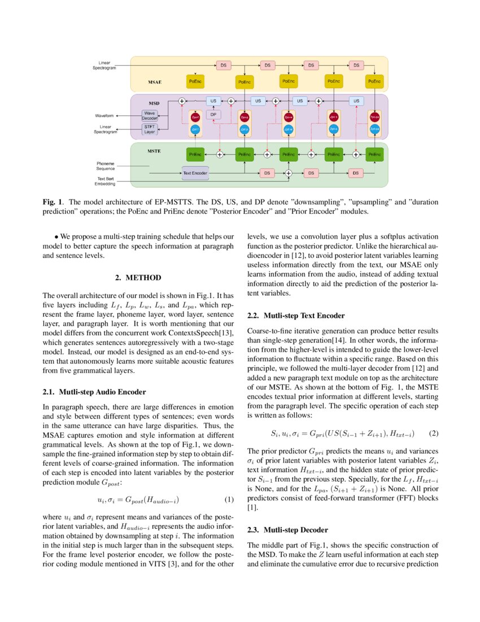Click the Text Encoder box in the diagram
(195, 172)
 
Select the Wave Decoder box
(150, 116)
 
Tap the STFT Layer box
(150, 130)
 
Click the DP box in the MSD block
(213, 114)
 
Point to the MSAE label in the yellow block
(155, 82)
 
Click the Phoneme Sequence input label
(105, 166)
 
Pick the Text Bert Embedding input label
(105, 181)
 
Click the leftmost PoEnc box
(195, 82)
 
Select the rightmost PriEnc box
(374, 153)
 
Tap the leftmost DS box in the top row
(223, 65)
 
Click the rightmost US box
(355, 101)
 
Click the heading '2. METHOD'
(138, 278)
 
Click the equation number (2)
(434, 434)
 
